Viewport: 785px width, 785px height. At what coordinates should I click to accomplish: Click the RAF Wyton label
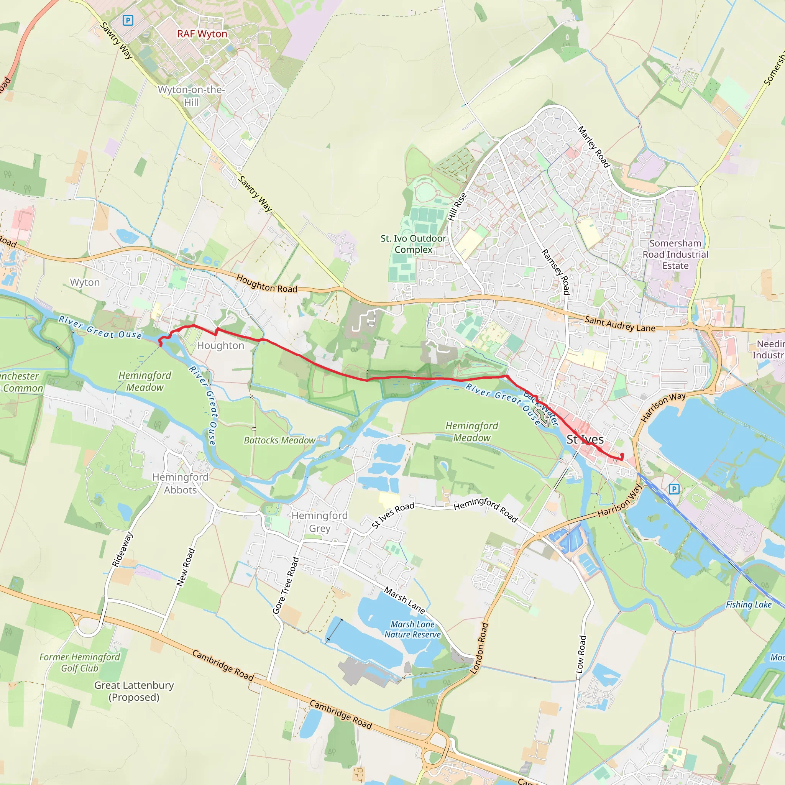pos(202,34)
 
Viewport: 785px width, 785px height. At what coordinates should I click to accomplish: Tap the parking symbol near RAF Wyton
pos(128,20)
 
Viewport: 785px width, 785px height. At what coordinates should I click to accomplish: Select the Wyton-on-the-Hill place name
pos(191,96)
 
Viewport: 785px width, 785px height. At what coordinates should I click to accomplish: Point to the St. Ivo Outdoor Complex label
pos(413,244)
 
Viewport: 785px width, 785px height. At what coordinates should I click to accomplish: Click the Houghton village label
pos(221,346)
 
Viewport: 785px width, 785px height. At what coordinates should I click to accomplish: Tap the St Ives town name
pos(585,439)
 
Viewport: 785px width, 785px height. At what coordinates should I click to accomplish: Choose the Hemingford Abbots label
pos(181,483)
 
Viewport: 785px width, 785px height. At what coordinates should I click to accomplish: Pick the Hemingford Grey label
pos(320,522)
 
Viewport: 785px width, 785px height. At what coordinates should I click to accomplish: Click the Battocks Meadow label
pos(279,440)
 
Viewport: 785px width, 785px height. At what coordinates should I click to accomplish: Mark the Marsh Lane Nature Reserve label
pos(412,629)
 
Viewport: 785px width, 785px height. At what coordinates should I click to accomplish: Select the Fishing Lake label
pos(749,604)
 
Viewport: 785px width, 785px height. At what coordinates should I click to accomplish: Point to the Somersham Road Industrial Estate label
pos(675,255)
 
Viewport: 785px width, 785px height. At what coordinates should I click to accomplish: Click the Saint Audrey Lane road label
pos(620,324)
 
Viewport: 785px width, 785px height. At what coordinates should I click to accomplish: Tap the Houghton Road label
pos(266,284)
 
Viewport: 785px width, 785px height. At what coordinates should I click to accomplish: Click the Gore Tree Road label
pos(286,585)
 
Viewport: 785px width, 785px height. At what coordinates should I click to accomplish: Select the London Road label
pos(479,648)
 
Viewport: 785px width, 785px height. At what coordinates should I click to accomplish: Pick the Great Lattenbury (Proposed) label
pos(134,691)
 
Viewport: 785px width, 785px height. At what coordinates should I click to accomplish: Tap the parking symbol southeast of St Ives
pos(674,489)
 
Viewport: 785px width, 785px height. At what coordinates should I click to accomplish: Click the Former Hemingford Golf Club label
pos(80,663)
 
